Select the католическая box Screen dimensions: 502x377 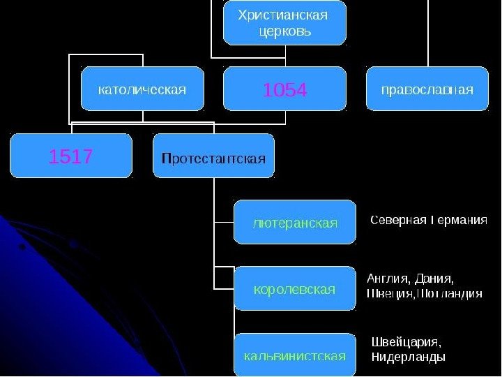point(142,89)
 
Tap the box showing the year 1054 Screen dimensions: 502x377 point(284,89)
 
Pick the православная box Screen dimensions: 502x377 point(427,89)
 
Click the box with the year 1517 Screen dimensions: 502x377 point(70,156)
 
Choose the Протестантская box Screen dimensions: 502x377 point(213,156)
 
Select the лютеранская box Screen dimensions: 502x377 point(294,222)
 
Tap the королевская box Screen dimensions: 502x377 point(294,288)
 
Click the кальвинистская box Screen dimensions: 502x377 point(294,355)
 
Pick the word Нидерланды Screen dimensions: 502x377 point(409,357)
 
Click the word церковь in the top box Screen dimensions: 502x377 point(284,31)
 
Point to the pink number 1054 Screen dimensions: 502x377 point(284,89)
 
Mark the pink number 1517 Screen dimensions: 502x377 point(70,156)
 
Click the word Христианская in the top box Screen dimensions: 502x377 point(283,15)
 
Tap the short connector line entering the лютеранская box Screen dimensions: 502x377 point(224,222)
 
